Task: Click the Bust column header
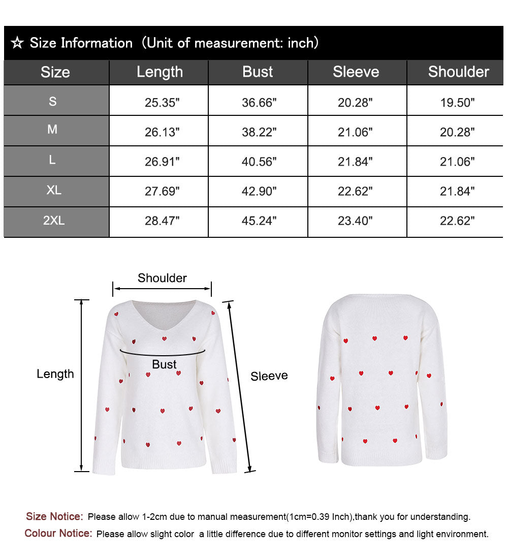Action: coord(258,72)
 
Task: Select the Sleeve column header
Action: coord(356,72)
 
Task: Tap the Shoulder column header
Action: coord(458,72)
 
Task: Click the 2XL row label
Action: coord(54,221)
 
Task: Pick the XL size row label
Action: coord(54,191)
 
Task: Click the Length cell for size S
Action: coord(162,103)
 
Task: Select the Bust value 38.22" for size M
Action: coord(259,132)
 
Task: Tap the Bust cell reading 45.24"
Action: coord(259,221)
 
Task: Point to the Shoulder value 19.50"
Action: coord(457,103)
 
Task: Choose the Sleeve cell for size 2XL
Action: coord(355,221)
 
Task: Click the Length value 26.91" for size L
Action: coord(162,162)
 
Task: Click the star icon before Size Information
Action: coord(17,43)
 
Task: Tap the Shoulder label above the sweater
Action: coord(162,278)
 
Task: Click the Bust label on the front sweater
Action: coord(164,364)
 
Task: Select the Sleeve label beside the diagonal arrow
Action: coord(269,376)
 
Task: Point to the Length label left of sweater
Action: coord(55,374)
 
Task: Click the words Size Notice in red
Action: coord(54,517)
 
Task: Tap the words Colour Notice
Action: coord(58,534)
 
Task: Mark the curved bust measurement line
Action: coord(163,353)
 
